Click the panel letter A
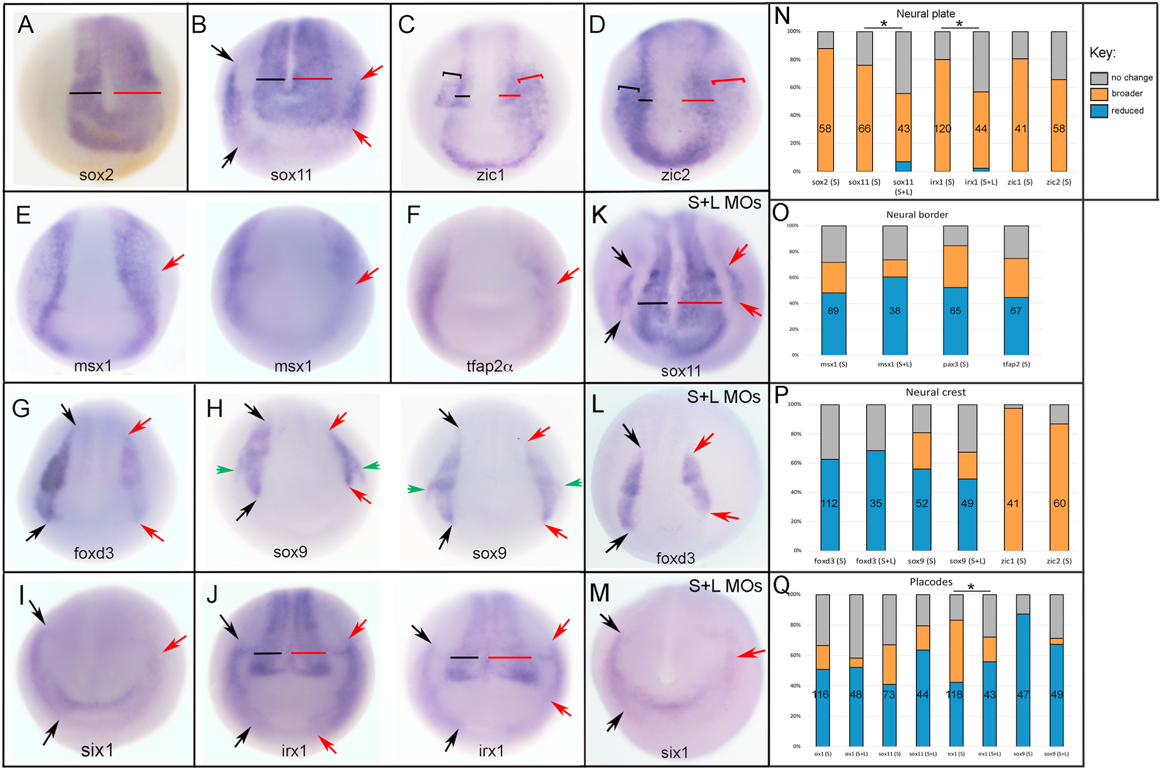tap(25, 25)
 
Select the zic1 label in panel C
tap(491, 175)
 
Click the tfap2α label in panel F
tap(489, 366)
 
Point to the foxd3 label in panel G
tap(94, 554)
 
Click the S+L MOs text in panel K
tap(724, 203)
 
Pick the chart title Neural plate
tap(925, 14)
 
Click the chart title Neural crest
tap(935, 392)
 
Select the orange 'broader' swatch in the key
tap(1099, 94)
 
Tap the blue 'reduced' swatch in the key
tap(1099, 110)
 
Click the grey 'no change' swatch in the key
tap(1099, 77)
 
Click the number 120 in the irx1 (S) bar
tap(942, 129)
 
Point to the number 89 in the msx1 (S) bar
tap(833, 310)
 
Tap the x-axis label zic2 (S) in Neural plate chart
tap(1058, 182)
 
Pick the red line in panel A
tap(137, 93)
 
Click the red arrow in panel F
tap(568, 276)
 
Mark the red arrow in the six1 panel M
tap(751, 653)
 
